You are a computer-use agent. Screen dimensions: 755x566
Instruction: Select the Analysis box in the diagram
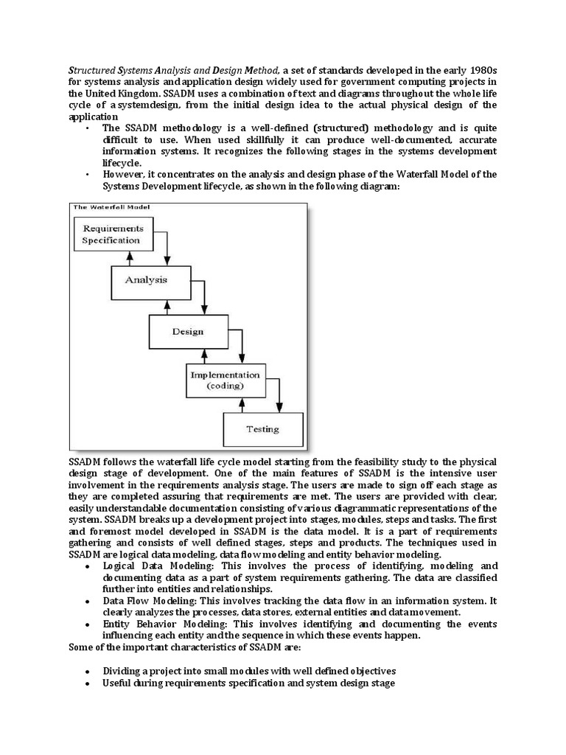(x=146, y=280)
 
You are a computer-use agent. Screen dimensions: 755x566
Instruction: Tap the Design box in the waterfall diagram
(x=187, y=332)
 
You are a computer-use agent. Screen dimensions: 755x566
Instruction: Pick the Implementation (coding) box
(x=224, y=380)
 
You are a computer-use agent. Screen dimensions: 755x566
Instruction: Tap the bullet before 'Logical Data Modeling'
(x=88, y=566)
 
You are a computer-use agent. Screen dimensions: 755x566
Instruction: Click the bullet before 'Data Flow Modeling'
(x=88, y=601)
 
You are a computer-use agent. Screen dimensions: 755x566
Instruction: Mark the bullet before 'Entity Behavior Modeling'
(x=88, y=624)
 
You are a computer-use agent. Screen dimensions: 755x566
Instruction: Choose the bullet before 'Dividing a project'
(x=88, y=672)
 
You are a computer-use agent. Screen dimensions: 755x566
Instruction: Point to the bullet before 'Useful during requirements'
(x=88, y=683)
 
